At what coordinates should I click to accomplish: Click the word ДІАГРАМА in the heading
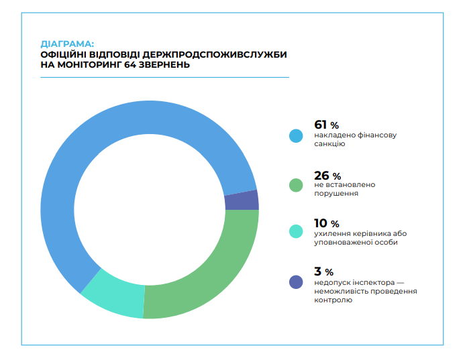click(66, 44)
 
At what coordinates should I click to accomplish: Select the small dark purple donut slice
click(241, 200)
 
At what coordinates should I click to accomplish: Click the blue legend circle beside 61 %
click(296, 135)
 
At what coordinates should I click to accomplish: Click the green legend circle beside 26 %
click(296, 184)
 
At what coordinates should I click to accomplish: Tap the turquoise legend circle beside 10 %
click(296, 231)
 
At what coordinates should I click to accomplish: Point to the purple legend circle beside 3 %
click(296, 282)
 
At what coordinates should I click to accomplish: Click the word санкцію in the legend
click(329, 144)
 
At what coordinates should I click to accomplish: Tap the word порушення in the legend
click(336, 193)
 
